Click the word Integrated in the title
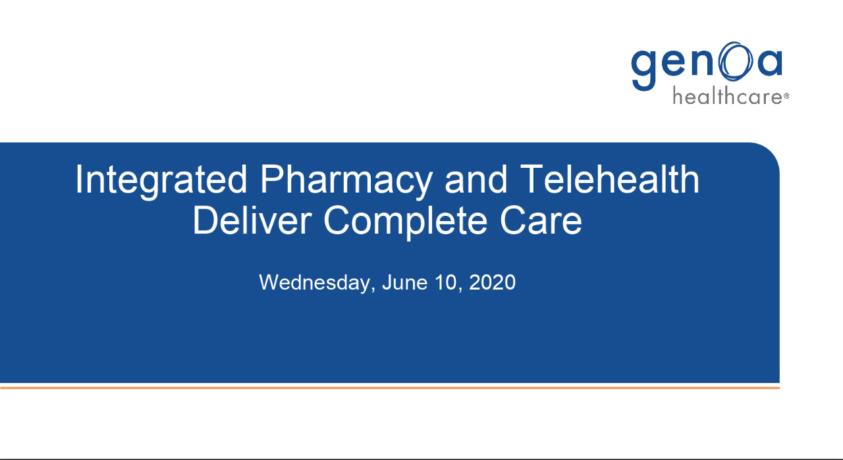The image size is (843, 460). pos(161,180)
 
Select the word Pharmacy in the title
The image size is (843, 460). pos(346,180)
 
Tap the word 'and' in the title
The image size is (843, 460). pos(476,179)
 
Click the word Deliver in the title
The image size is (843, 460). pos(252,220)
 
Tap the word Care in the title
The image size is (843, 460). pos(541,220)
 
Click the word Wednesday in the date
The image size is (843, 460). pos(314,282)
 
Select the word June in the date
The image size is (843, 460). pos(404,282)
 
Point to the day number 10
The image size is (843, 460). pos(446,282)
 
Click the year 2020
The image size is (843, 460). pos(492,282)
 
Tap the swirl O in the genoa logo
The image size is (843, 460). pos(736,61)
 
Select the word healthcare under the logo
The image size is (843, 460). pos(728,96)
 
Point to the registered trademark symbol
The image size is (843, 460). pos(786,96)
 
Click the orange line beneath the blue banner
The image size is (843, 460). pos(389,387)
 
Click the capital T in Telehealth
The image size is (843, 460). pos(533,179)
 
